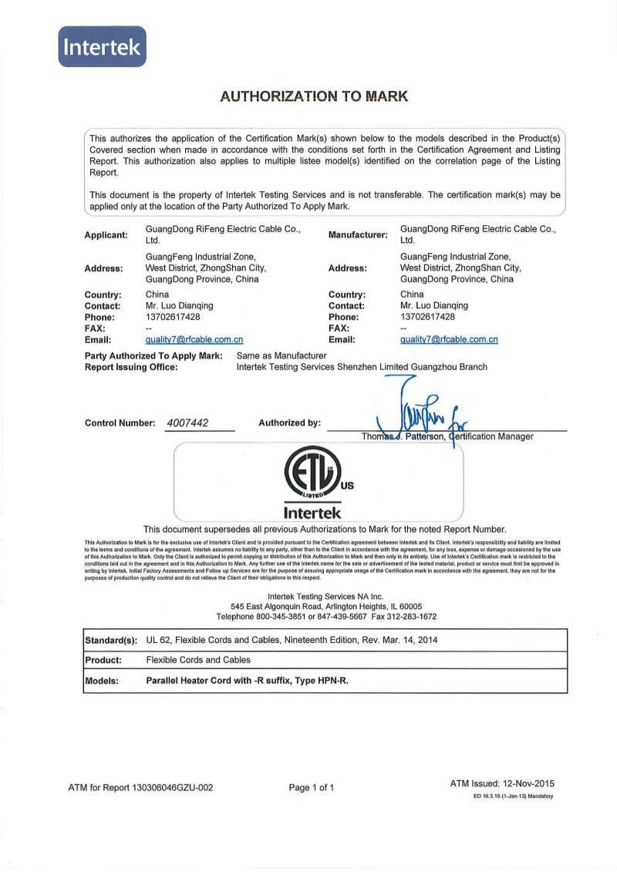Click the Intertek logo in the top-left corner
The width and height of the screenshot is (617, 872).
[x=102, y=46]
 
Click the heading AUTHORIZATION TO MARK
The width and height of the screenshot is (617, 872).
[x=314, y=96]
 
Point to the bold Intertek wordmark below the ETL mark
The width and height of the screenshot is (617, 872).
[x=312, y=512]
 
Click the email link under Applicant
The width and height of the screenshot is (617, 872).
[x=194, y=339]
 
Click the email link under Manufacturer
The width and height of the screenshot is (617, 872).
[x=449, y=339]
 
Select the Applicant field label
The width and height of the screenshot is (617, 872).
[x=106, y=235]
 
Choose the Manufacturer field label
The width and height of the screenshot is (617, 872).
[x=358, y=235]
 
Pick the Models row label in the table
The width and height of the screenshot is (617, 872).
[x=102, y=681]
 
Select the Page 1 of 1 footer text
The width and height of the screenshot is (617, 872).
[x=312, y=787]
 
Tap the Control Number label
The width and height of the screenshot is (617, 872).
[x=120, y=423]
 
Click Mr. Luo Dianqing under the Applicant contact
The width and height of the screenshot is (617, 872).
[x=179, y=305]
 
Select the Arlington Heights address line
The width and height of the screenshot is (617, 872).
[x=326, y=607]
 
